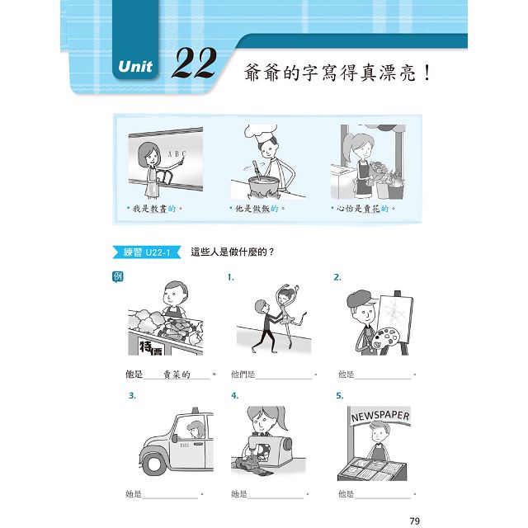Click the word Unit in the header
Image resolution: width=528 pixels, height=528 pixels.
135,66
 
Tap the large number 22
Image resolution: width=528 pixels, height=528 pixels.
194,63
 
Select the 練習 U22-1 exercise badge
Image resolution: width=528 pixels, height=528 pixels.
147,252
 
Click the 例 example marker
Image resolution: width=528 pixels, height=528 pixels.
117,277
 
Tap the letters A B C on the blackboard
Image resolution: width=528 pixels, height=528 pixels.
177,153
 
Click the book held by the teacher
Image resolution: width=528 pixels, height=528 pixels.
164,177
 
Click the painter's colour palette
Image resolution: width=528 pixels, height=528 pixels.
385,338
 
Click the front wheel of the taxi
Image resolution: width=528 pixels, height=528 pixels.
153,464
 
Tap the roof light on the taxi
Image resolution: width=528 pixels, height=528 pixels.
195,410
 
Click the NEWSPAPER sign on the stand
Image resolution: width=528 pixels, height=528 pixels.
379,416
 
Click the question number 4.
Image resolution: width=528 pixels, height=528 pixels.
234,396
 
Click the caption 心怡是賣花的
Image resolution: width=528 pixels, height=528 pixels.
363,209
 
